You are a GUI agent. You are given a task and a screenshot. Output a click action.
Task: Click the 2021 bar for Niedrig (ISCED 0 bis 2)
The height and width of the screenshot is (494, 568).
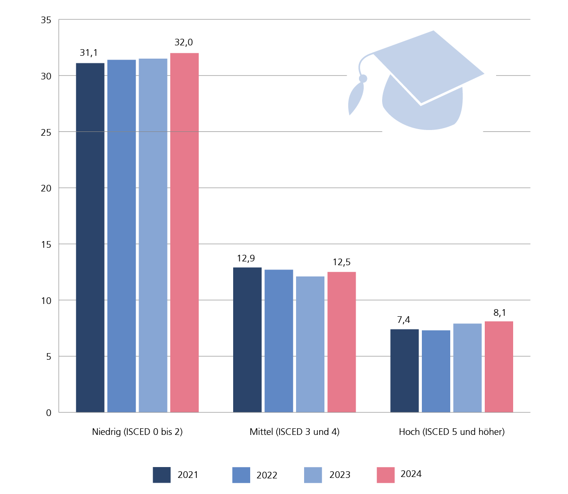(90, 236)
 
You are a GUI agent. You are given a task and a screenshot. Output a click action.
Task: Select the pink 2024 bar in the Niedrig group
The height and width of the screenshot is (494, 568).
(184, 232)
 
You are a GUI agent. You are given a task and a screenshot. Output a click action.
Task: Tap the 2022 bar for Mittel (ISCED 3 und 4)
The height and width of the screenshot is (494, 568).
(279, 340)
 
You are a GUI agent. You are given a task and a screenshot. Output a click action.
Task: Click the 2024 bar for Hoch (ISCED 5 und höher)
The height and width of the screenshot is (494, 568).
(498, 366)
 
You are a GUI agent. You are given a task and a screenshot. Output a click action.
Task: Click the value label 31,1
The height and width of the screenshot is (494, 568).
(88, 53)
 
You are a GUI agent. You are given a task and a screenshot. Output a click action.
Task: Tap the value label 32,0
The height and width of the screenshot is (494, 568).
(184, 43)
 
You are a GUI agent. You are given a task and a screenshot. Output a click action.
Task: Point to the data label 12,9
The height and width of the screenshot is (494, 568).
(246, 258)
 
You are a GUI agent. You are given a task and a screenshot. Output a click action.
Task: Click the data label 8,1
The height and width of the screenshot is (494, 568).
(500, 312)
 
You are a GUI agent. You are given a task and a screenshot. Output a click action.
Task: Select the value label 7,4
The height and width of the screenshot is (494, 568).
(403, 320)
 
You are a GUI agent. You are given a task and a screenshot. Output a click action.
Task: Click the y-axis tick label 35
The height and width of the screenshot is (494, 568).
(46, 20)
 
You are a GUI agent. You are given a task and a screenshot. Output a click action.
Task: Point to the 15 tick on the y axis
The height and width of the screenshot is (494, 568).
(46, 244)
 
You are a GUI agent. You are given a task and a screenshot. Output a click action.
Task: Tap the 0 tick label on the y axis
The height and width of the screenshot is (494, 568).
(49, 413)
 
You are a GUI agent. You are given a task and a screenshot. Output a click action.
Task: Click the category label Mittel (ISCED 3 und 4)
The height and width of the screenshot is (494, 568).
(294, 432)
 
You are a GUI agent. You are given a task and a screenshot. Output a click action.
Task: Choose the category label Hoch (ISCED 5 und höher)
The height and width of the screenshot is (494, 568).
(452, 432)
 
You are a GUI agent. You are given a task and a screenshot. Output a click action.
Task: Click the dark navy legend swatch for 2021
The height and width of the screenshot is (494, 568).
(162, 475)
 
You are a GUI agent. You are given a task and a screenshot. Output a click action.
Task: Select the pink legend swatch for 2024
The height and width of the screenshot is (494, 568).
(385, 475)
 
